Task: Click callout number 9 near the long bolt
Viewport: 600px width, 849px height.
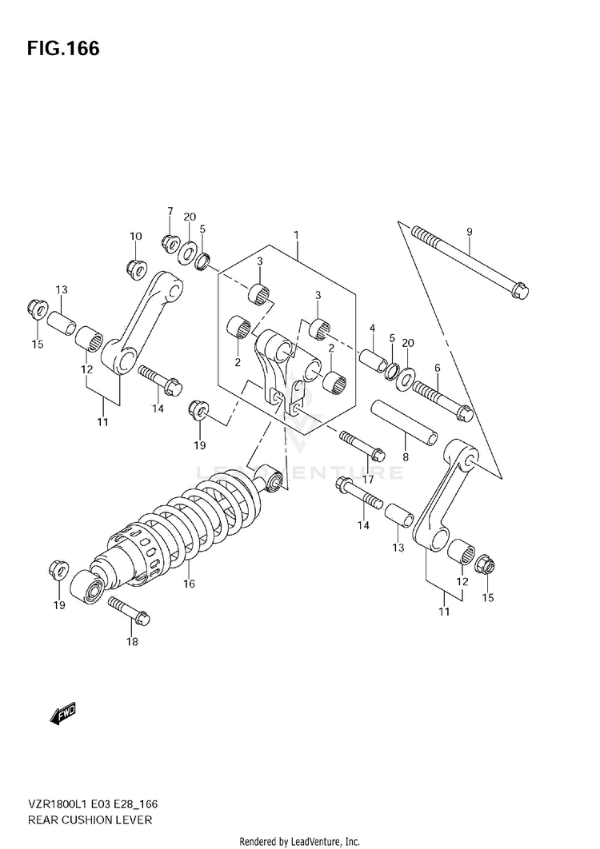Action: [x=470, y=232]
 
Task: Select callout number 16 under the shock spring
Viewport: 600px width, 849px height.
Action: [x=189, y=584]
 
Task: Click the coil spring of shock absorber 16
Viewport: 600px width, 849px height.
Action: [x=200, y=512]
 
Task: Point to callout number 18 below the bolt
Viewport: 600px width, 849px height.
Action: [x=132, y=641]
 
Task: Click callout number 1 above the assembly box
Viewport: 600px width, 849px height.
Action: [x=296, y=235]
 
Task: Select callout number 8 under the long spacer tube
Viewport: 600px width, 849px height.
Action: [x=406, y=458]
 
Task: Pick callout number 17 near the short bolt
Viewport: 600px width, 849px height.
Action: [x=368, y=479]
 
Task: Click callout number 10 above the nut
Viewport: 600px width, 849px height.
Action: [x=136, y=236]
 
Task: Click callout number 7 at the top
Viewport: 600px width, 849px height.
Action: [x=170, y=211]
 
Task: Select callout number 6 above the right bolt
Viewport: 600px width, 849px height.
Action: [x=437, y=368]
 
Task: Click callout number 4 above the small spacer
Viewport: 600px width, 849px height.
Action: [x=372, y=328]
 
